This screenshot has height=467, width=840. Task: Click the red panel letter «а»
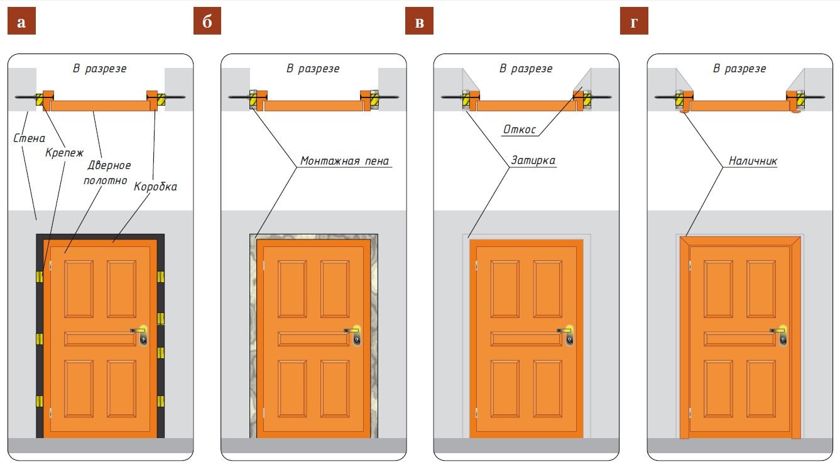pyautogui.click(x=21, y=23)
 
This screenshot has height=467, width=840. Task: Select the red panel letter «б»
pyautogui.click(x=207, y=23)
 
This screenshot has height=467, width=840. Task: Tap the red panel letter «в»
pyautogui.click(x=420, y=23)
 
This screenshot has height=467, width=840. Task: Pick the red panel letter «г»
pyautogui.click(x=634, y=23)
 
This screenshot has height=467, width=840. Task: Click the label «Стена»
pyautogui.click(x=29, y=138)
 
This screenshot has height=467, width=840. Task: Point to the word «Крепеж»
pyautogui.click(x=63, y=153)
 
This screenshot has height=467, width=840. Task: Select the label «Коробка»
pyautogui.click(x=155, y=187)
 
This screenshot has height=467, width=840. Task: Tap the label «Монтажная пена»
pyautogui.click(x=345, y=161)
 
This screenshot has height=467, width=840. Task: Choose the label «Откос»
pyautogui.click(x=519, y=129)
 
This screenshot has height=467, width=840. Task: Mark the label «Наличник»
pyautogui.click(x=753, y=161)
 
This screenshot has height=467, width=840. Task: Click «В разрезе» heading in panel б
pyautogui.click(x=313, y=69)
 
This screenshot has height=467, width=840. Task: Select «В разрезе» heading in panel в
pyautogui.click(x=526, y=69)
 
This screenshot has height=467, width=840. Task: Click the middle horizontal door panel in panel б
pyautogui.click(x=314, y=339)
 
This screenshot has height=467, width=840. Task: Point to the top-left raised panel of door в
pyautogui.click(x=505, y=289)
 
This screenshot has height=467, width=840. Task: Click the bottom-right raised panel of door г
pyautogui.click(x=761, y=388)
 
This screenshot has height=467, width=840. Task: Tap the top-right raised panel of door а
pyautogui.click(x=121, y=289)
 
